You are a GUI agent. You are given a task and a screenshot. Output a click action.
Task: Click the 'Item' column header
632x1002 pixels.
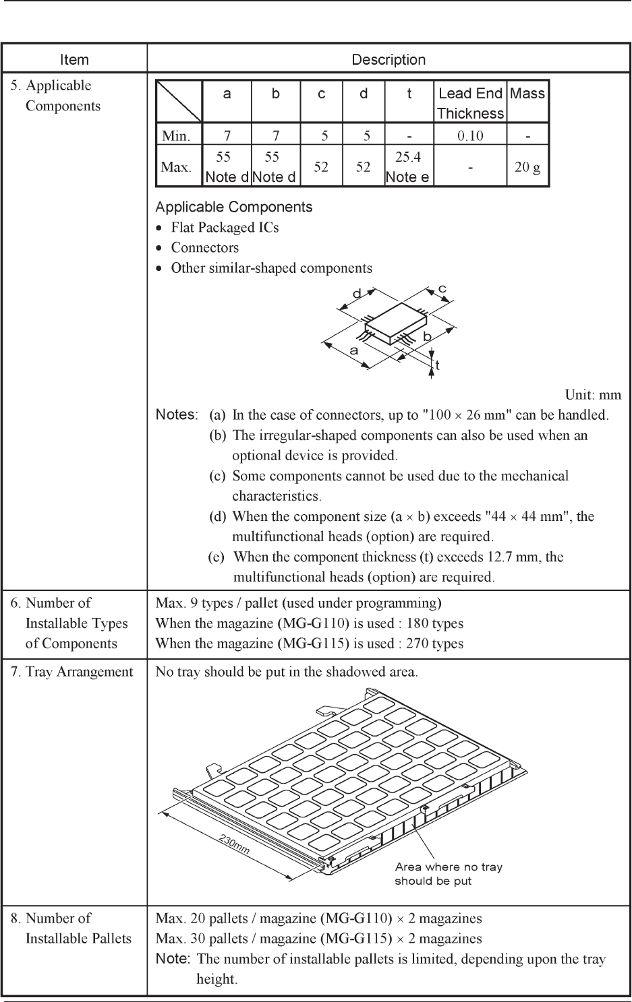coord(74,59)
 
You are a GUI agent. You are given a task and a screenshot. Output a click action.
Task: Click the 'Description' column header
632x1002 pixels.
coord(389,59)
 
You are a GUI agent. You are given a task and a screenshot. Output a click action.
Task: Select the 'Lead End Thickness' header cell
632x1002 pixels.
coord(470,102)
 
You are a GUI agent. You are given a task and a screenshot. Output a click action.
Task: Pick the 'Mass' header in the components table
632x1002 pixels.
coord(527,94)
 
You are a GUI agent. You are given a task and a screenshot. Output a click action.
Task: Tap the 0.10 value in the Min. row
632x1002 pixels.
coord(470,135)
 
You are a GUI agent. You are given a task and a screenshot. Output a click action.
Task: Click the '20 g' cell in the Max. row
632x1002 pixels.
coord(527,167)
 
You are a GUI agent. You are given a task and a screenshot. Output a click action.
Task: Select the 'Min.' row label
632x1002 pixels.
coord(176,135)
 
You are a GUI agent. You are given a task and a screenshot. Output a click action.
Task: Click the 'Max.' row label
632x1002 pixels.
coord(176,167)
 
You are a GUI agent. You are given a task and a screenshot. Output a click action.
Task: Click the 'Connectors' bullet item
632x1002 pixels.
coord(204,247)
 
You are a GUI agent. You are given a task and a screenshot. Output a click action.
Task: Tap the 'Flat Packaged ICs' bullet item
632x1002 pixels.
coord(225,227)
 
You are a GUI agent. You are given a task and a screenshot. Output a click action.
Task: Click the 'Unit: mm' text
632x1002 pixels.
coord(593,395)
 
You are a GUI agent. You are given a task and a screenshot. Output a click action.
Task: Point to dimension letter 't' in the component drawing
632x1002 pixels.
coord(437,365)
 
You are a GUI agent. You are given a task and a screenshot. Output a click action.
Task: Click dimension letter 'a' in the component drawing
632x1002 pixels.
coord(353,350)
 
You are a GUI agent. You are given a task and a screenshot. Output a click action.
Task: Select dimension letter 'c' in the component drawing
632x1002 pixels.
coord(442,288)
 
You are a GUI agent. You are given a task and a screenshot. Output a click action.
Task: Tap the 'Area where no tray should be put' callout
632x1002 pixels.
coord(449,874)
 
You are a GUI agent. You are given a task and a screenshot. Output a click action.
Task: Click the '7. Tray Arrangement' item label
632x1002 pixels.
coord(71,671)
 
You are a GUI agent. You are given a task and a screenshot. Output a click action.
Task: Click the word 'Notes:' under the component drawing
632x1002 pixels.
coord(177,414)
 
